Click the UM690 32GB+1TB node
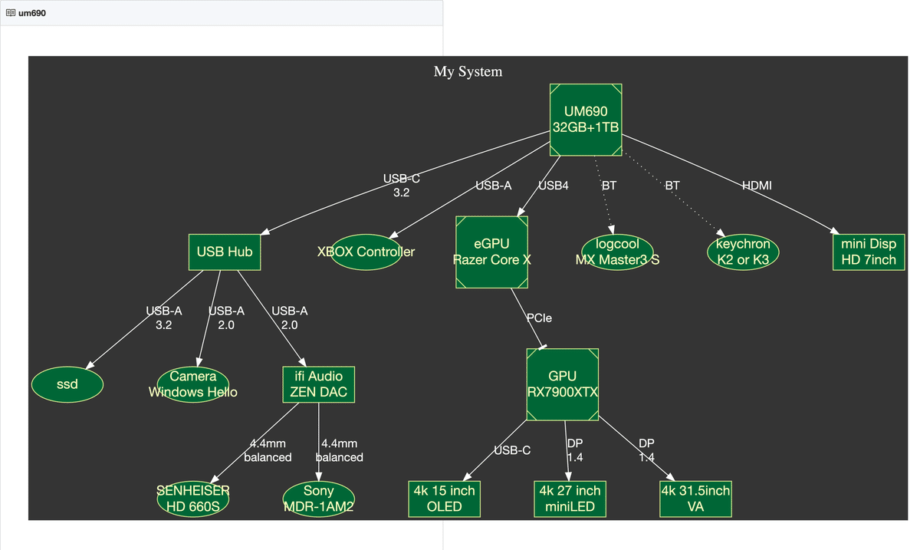586,120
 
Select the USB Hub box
225,252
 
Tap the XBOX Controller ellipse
366,252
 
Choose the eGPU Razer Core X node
491,252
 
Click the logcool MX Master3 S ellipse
617,252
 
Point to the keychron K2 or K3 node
743,252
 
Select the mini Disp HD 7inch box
869,252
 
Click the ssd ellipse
67,384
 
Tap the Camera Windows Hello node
193,384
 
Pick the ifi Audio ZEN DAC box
319,384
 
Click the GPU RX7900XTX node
562,384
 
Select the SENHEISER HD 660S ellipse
193,499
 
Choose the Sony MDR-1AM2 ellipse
319,499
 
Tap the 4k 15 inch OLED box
445,499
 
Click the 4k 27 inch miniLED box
570,499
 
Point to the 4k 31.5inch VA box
696,499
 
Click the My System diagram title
468,71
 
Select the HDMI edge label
757,186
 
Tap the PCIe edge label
539,318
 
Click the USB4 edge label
554,186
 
